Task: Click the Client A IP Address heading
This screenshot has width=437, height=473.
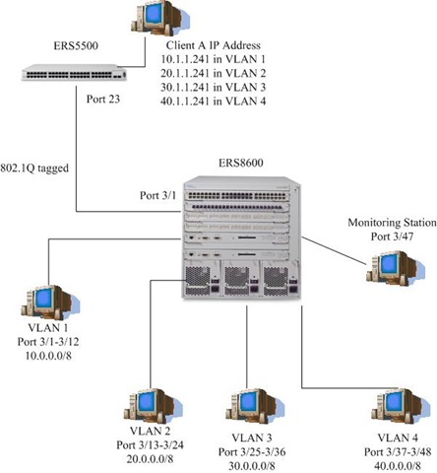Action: click(x=209, y=45)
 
